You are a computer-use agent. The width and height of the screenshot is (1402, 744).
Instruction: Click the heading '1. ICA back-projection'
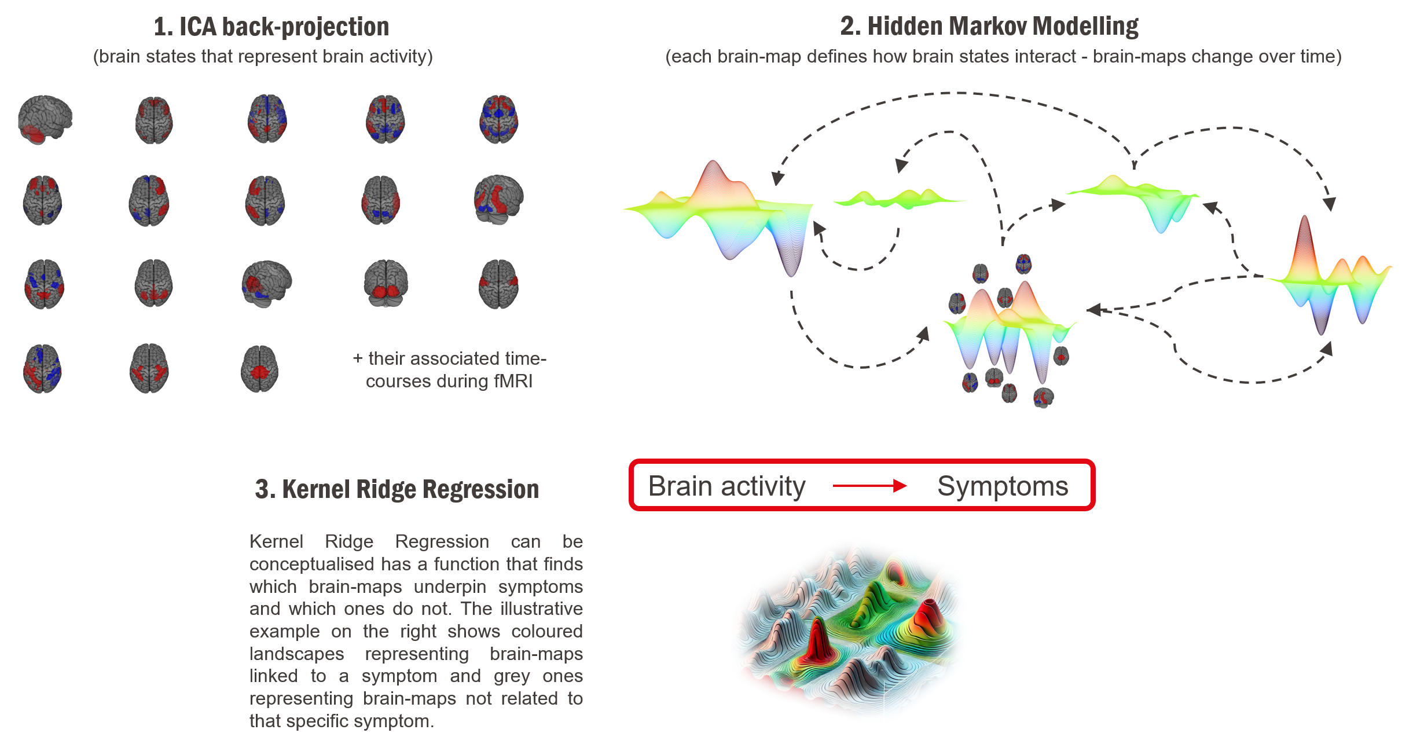tap(271, 27)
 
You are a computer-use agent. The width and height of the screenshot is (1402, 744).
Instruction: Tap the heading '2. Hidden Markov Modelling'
tap(989, 26)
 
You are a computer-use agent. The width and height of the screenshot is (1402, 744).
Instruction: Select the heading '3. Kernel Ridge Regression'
tap(397, 489)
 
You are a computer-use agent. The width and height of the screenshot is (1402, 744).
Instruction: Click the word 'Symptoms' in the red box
tap(1003, 486)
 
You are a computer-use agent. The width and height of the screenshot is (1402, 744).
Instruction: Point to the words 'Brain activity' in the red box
tap(726, 486)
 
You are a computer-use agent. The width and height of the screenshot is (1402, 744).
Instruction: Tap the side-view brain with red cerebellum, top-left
tap(45, 120)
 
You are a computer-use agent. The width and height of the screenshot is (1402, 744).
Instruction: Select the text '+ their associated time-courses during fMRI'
tap(449, 369)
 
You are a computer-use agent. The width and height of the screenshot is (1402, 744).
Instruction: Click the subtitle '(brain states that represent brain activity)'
tap(263, 57)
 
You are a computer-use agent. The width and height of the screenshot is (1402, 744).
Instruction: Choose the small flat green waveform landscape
tap(898, 199)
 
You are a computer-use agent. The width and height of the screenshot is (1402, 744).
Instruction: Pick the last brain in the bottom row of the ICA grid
tap(259, 369)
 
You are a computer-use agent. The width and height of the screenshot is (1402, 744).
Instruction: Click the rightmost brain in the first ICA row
tap(498, 120)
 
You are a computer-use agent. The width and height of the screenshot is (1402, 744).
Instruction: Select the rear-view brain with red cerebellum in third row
tap(386, 284)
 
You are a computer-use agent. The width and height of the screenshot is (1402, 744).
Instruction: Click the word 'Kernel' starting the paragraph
tap(276, 541)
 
